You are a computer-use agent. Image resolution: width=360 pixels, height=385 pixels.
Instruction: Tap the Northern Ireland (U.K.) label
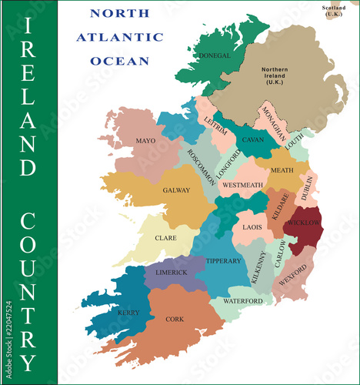[274, 75]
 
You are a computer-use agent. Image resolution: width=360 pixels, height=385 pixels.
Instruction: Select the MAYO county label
[145, 141]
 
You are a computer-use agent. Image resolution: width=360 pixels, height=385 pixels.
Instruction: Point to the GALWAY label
[176, 190]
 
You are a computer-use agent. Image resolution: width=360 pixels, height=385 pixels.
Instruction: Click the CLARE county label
[165, 238]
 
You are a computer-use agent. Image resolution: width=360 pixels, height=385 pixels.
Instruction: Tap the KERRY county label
[128, 313]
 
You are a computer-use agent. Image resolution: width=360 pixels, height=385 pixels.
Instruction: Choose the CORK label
[175, 318]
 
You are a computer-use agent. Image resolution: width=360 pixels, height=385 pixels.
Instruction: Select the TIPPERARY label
[224, 261]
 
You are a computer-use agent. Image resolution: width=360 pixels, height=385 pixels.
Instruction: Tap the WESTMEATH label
[242, 185]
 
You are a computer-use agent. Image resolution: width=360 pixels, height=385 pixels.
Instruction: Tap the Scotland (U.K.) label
[334, 11]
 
